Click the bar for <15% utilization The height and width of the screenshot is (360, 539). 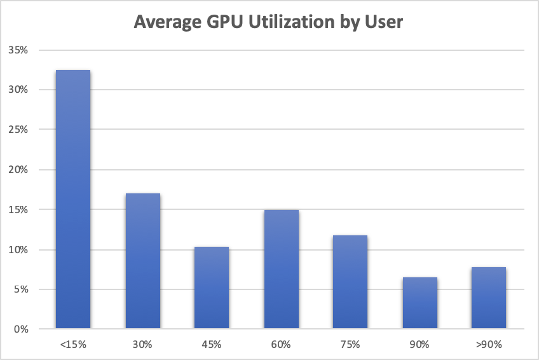pyautogui.click(x=73, y=200)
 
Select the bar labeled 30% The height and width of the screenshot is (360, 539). pyautogui.click(x=142, y=261)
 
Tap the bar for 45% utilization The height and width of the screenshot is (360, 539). pyautogui.click(x=211, y=288)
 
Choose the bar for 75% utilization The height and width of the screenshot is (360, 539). pyautogui.click(x=350, y=282)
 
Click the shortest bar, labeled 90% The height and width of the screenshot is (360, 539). pyautogui.click(x=419, y=303)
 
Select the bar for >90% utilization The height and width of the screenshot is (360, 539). pyautogui.click(x=488, y=298)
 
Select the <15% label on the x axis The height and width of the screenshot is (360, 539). pyautogui.click(x=73, y=345)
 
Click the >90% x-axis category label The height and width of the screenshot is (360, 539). pyautogui.click(x=488, y=345)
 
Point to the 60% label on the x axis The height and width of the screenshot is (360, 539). pyautogui.click(x=280, y=345)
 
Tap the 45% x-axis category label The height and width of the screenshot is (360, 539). pyautogui.click(x=211, y=345)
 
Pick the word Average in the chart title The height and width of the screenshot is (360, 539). pyautogui.click(x=164, y=22)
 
